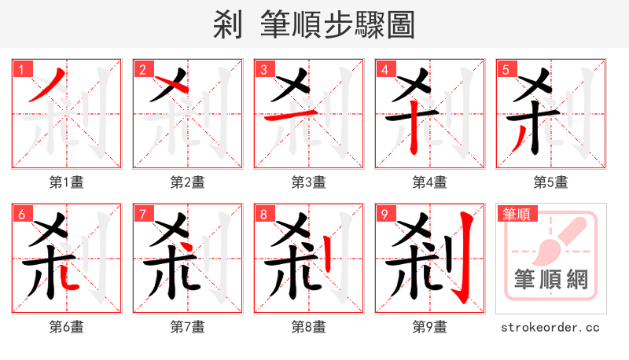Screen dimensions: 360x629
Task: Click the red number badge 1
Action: click(21, 69)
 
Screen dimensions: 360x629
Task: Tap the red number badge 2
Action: click(142, 69)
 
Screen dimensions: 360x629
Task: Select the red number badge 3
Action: click(263, 69)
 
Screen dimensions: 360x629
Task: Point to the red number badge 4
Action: click(384, 69)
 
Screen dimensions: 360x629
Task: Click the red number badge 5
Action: click(506, 69)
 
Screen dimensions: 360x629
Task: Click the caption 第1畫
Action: click(67, 182)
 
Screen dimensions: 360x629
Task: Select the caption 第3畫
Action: click(309, 182)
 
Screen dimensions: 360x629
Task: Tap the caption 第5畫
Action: click(551, 182)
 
